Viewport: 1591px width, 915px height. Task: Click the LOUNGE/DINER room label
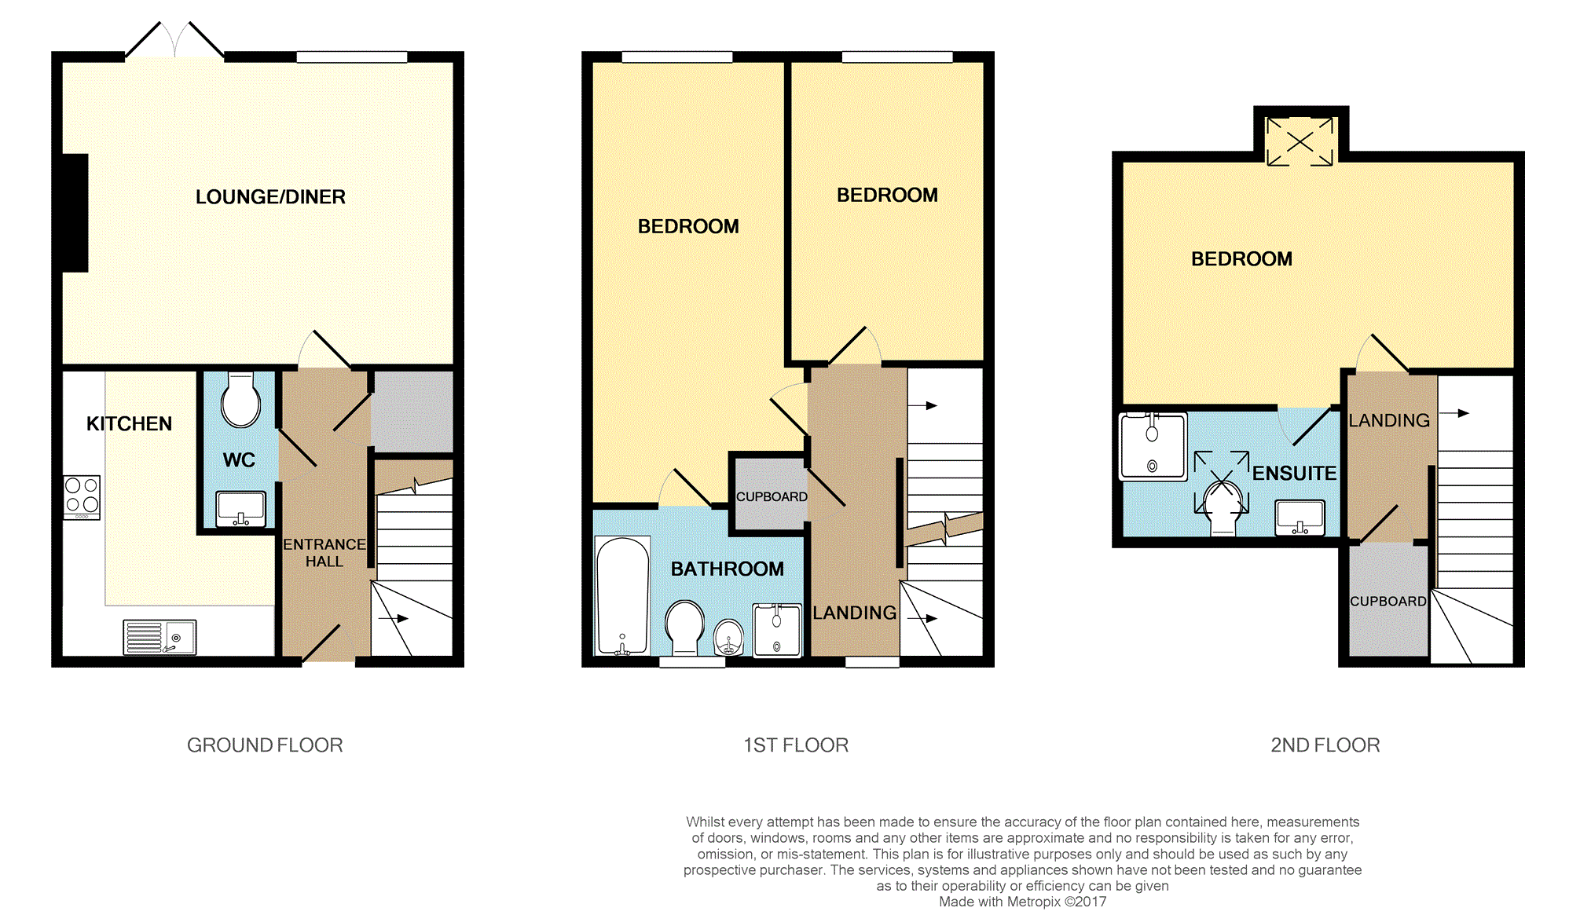(x=270, y=197)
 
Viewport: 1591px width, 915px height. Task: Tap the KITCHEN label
(x=129, y=424)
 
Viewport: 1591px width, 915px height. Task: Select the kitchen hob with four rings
(x=82, y=497)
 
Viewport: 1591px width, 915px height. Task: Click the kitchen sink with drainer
(x=159, y=637)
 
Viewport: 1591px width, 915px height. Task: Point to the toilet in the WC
(x=240, y=400)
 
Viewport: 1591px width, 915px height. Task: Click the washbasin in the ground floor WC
(x=240, y=509)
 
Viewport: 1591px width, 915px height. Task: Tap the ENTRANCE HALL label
(x=324, y=553)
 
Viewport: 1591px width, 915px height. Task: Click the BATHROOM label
(x=728, y=569)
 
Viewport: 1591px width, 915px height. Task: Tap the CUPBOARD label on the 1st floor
(x=772, y=497)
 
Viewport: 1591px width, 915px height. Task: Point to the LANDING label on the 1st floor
(x=855, y=613)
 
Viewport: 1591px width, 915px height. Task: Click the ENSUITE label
(x=1294, y=474)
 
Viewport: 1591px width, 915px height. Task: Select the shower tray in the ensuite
(x=1153, y=446)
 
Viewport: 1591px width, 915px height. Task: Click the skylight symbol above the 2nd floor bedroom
(x=1300, y=141)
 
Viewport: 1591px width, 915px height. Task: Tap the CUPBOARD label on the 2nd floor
(x=1388, y=602)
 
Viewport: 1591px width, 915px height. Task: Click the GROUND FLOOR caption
(x=265, y=745)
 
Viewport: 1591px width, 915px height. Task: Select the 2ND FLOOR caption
(x=1325, y=745)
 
